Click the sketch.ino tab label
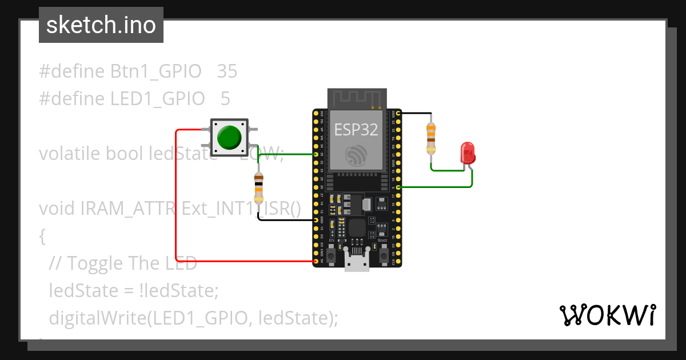click(x=101, y=25)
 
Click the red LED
click(x=468, y=153)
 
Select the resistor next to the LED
click(x=431, y=138)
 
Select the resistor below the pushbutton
click(x=258, y=187)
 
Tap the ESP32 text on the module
click(x=356, y=130)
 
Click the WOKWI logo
click(x=607, y=315)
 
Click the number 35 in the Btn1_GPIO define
click(x=227, y=71)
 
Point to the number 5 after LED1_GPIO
click(x=225, y=99)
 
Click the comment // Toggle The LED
click(x=123, y=263)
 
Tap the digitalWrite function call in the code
click(x=96, y=318)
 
